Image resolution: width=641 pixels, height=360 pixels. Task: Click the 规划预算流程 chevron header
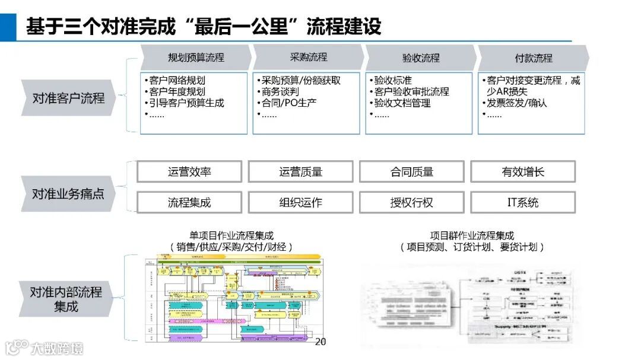(x=196, y=58)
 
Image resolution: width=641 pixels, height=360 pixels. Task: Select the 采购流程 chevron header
(x=309, y=57)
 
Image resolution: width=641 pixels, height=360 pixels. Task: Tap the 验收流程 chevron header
(x=421, y=58)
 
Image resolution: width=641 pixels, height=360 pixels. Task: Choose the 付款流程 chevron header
(x=534, y=58)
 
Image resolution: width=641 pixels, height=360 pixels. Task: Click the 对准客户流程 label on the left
(x=68, y=97)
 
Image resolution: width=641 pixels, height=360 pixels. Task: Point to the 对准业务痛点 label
(x=68, y=194)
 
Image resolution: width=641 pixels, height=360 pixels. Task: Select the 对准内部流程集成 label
(x=66, y=299)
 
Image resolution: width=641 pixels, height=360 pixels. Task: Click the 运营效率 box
(x=189, y=172)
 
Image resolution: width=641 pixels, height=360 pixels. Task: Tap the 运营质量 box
(x=300, y=172)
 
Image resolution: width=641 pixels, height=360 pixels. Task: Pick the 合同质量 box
(x=412, y=172)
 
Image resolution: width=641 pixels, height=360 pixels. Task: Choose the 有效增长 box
(x=523, y=172)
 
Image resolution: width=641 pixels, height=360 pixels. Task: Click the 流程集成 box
(x=189, y=202)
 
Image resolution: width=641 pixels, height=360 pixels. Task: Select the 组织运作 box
(x=300, y=202)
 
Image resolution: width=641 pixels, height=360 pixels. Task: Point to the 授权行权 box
(x=412, y=202)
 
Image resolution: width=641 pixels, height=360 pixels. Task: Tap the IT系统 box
(x=523, y=202)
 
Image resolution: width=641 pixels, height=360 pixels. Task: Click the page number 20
(x=320, y=342)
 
